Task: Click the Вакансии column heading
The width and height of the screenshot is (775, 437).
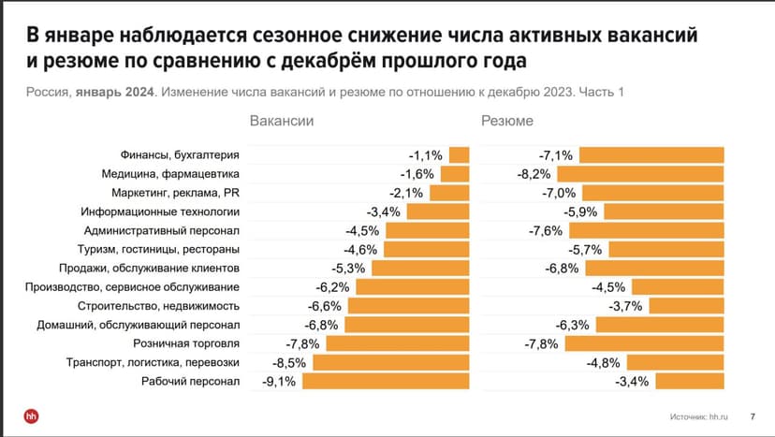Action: pyautogui.click(x=281, y=122)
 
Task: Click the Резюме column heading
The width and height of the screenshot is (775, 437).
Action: pyautogui.click(x=507, y=122)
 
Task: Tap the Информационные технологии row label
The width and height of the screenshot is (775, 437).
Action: pyautogui.click(x=162, y=211)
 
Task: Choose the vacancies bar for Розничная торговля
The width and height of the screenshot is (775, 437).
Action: pyautogui.click(x=397, y=343)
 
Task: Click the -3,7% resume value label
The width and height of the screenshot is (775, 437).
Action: pyautogui.click(x=626, y=306)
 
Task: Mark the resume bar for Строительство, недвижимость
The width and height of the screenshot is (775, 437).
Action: pyautogui.click(x=686, y=306)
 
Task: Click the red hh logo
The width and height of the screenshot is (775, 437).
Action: pyautogui.click(x=31, y=415)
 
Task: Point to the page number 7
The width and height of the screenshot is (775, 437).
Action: pyautogui.click(x=753, y=415)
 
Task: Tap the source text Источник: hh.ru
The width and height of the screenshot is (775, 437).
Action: pyautogui.click(x=698, y=415)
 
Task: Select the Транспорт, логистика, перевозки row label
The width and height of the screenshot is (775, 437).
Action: pyautogui.click(x=153, y=362)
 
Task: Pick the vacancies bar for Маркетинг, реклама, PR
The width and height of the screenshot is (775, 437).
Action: pyautogui.click(x=450, y=193)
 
